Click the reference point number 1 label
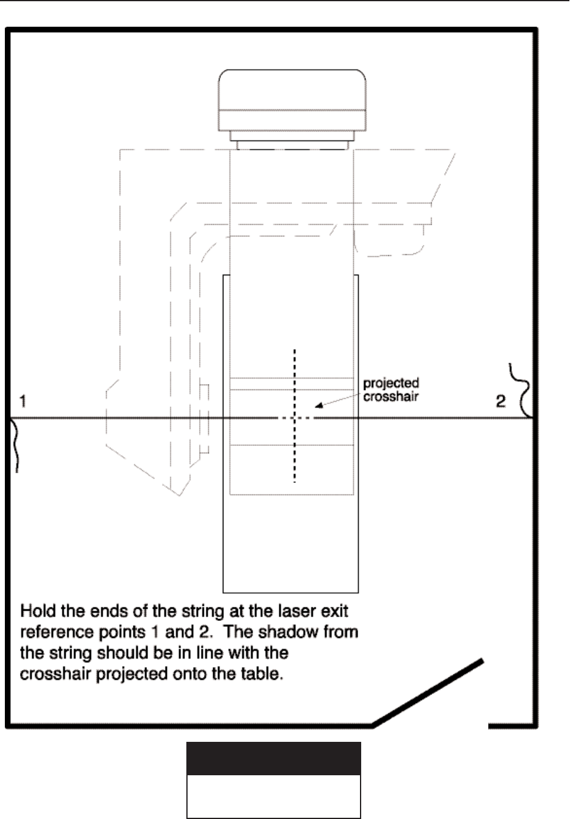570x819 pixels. coord(22,401)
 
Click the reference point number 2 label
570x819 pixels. coord(500,401)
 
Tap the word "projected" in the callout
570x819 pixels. coord(391,383)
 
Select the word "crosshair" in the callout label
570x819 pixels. coord(391,397)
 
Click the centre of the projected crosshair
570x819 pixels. coord(295,418)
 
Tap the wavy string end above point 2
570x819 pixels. coord(523,389)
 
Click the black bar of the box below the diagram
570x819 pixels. coord(273,758)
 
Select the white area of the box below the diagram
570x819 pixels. coord(273,796)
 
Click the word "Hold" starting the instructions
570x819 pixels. coord(38,610)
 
